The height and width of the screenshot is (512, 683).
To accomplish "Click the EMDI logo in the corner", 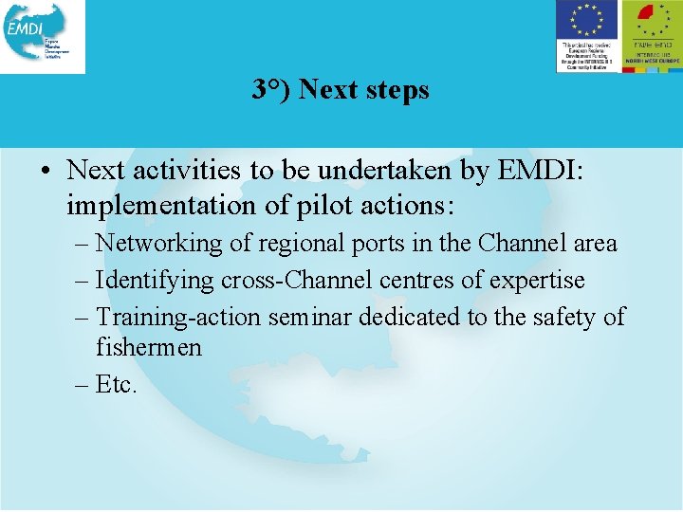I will pos(43,36).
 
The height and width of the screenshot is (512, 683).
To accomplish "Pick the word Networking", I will pos(159,244).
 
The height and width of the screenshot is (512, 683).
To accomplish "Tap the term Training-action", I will pos(179,317).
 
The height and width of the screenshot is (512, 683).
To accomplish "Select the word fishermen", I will pos(149,348).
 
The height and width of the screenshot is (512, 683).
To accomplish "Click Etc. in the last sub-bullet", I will pos(118,385).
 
